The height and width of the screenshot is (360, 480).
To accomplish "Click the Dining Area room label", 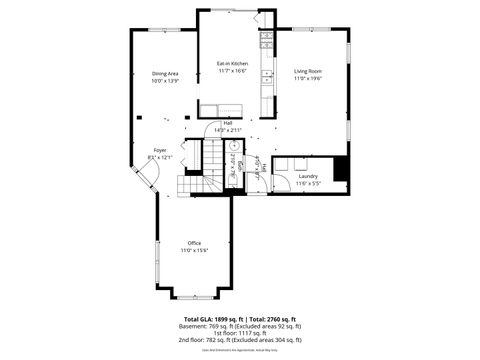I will click(x=165, y=74).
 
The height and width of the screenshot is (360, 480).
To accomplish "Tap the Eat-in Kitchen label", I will click(x=232, y=64).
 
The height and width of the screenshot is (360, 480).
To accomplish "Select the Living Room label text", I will click(x=307, y=72).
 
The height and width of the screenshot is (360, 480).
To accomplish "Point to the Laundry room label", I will click(x=308, y=176).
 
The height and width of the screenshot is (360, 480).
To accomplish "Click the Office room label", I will click(x=195, y=243).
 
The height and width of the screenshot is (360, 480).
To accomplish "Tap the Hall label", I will click(x=228, y=123).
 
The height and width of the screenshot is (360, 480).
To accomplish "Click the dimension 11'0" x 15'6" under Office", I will click(x=195, y=250).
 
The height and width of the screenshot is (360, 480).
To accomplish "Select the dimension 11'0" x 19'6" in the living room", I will click(x=307, y=79).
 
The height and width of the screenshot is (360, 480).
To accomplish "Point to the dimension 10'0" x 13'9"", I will click(x=165, y=81).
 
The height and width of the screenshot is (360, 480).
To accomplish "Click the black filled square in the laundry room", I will click(x=341, y=169).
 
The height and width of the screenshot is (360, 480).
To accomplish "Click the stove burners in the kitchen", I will click(x=266, y=41).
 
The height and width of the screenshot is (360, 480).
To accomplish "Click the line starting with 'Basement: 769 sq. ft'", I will click(x=240, y=326).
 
